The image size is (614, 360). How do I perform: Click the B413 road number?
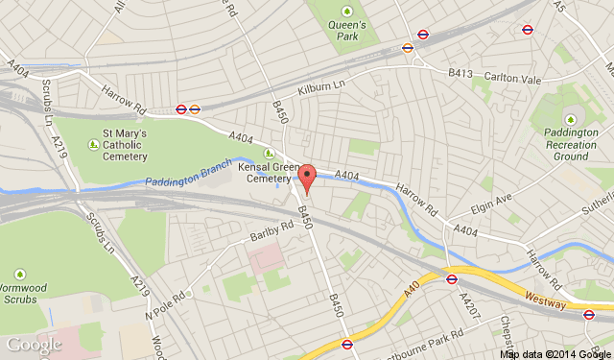coord(461,72)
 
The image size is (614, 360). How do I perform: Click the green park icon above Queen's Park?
coord(347,12)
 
